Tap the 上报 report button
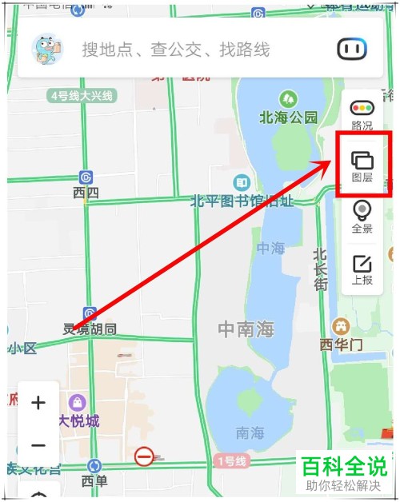[362, 270]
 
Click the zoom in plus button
[38, 403]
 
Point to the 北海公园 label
[288, 118]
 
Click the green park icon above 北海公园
[288, 99]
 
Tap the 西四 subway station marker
[86, 177]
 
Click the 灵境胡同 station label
[90, 329]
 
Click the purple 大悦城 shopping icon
[78, 402]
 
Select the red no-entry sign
[144, 456]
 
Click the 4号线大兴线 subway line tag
[82, 96]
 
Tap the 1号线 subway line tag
[232, 461]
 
